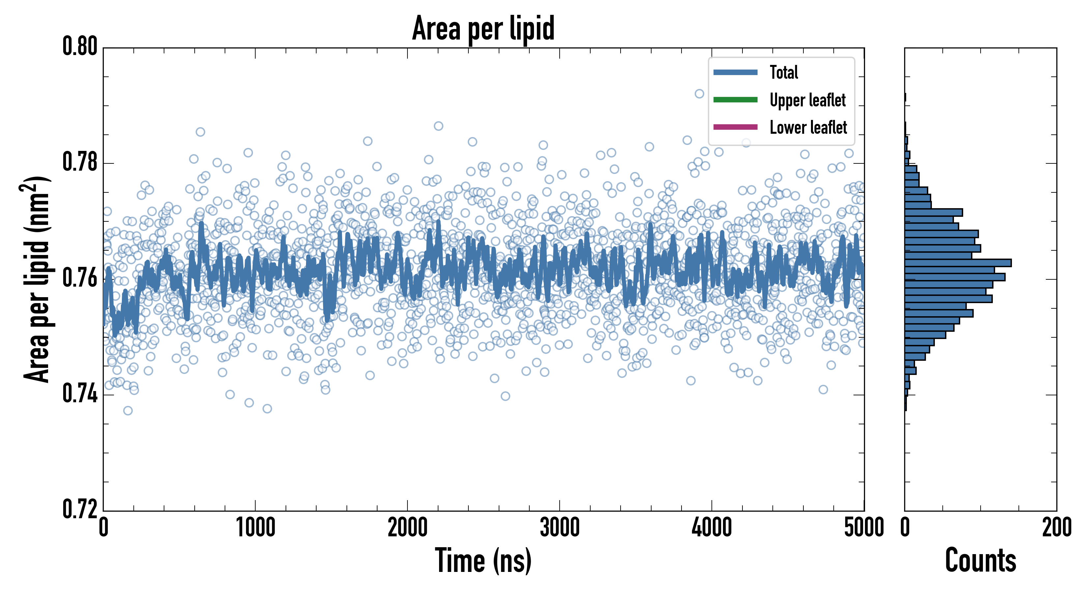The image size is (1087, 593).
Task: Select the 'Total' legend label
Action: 784,72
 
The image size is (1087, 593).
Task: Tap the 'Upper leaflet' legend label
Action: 807,100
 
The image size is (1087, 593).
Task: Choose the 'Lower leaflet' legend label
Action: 808,127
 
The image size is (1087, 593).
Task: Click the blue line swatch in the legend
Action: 735,72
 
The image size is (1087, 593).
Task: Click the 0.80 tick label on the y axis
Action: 80,46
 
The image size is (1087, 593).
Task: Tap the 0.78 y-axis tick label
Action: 80,162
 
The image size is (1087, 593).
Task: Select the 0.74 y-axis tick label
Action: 80,394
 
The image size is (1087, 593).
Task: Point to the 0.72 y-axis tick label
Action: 80,509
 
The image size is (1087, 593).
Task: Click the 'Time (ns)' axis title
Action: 483,560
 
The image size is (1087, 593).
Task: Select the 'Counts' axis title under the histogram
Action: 980,560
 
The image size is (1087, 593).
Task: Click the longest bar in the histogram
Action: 958,263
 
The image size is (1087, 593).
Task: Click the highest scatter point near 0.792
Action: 699,94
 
